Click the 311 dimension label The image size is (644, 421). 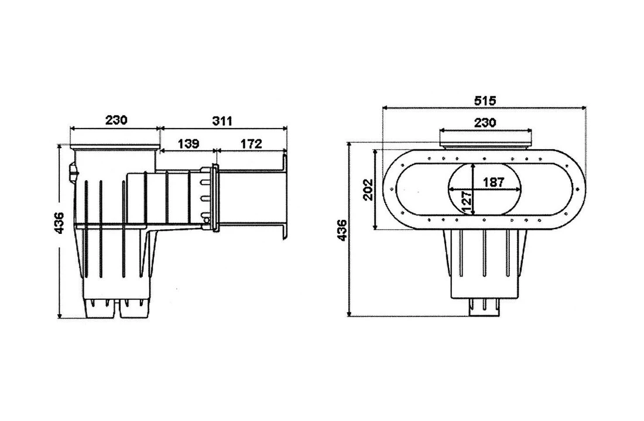(x=222, y=121)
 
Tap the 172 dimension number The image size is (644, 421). (x=251, y=144)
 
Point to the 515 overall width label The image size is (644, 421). (x=485, y=101)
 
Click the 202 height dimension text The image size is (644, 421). (x=368, y=189)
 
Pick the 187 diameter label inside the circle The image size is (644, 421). (x=494, y=182)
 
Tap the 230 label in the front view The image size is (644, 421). (x=484, y=122)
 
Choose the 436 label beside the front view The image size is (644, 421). (x=342, y=230)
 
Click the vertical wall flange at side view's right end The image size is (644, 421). (x=285, y=196)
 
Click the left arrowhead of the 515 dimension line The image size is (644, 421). (x=384, y=108)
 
